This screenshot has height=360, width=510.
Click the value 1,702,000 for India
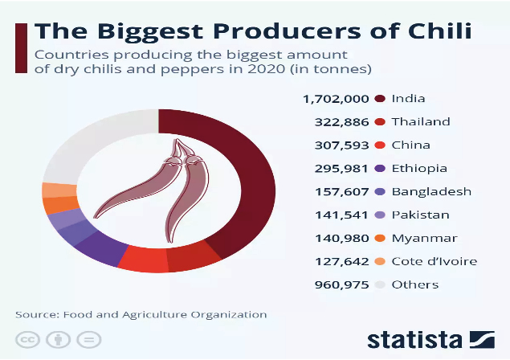[336, 99]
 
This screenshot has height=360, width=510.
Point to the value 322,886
[342, 122]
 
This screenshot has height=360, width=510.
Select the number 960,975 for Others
[342, 284]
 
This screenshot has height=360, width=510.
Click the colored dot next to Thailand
[381, 122]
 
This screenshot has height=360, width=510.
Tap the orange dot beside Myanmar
[381, 238]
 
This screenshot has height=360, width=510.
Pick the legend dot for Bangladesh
[381, 192]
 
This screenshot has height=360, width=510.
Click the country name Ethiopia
[418, 169]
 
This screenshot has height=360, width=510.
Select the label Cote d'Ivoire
[434, 261]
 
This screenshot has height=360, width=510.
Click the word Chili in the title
[439, 33]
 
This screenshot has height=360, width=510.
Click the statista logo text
[414, 338]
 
